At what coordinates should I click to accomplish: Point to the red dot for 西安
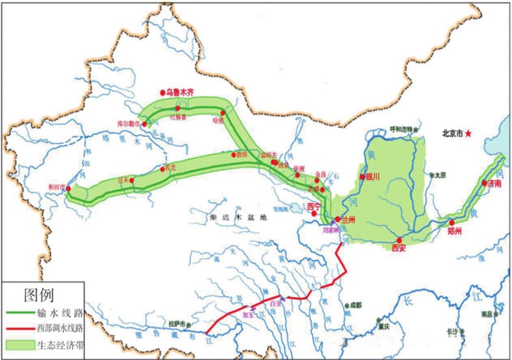tap(400, 240)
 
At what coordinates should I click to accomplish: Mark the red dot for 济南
tap(484, 183)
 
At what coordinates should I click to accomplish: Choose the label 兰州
tap(348, 220)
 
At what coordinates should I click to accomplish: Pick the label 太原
tap(441, 175)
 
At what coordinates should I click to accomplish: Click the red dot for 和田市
tap(69, 188)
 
